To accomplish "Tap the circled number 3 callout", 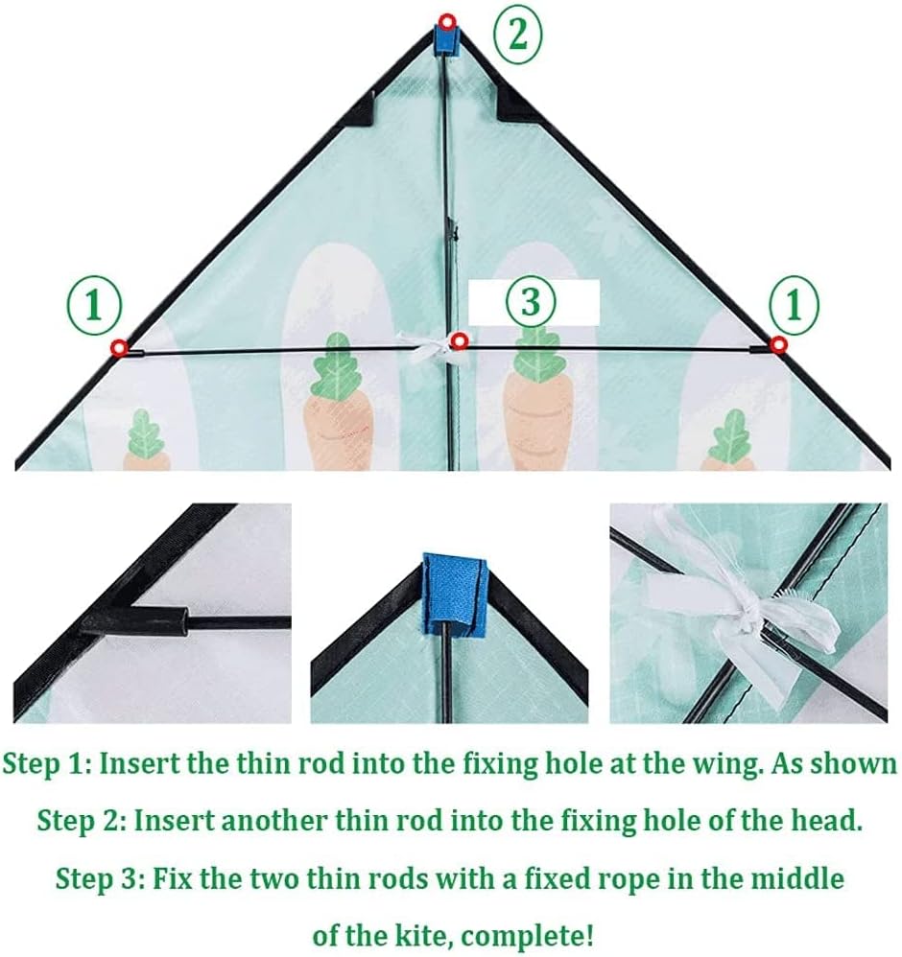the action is (x=531, y=301).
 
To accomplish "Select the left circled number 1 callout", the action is (x=94, y=305).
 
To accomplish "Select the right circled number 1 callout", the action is (x=793, y=303).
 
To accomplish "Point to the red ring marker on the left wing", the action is (x=118, y=348).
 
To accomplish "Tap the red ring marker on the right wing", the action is (x=777, y=345).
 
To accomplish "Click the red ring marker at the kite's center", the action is (x=459, y=341).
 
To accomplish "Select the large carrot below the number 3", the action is (x=536, y=400).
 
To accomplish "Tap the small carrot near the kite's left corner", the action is (x=146, y=441).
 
